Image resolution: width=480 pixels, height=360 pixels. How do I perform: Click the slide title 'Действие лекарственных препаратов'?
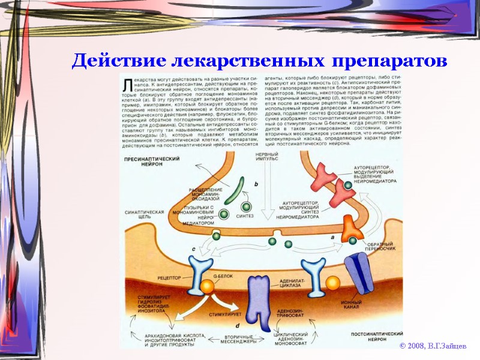click(x=259, y=61)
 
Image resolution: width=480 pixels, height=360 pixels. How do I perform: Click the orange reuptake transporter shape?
click(x=350, y=229)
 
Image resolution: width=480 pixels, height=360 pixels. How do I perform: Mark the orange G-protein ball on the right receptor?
click(x=332, y=283)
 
